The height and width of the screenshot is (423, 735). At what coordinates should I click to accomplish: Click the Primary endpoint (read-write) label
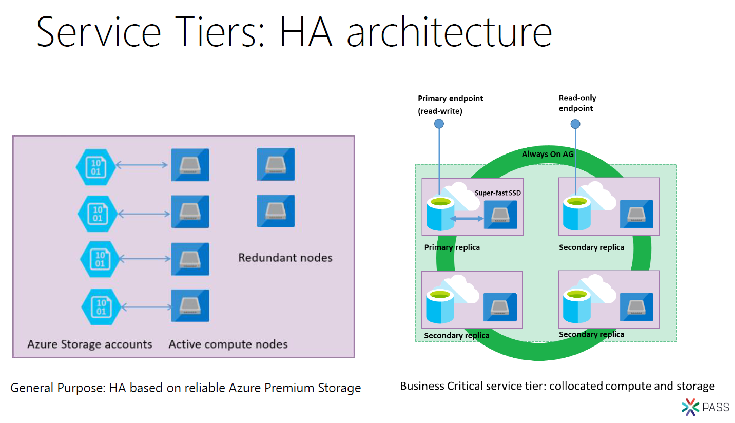tap(450, 104)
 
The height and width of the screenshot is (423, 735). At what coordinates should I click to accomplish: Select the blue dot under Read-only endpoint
tap(575, 124)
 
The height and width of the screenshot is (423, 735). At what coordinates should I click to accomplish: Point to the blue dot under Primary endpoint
tap(439, 124)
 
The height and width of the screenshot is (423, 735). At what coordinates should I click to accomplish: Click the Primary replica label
tap(452, 247)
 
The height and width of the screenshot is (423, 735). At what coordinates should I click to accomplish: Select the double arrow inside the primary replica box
tap(467, 219)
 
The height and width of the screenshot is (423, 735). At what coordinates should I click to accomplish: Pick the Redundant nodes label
tap(285, 257)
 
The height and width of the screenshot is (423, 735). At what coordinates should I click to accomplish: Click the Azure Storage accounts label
tap(90, 344)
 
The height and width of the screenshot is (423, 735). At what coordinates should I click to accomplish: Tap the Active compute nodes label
tap(228, 344)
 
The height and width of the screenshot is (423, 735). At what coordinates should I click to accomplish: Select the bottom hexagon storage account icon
tap(101, 307)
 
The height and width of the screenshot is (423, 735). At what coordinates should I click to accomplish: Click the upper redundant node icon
tap(276, 164)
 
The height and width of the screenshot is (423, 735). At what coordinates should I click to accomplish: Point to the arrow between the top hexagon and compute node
tap(142, 165)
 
